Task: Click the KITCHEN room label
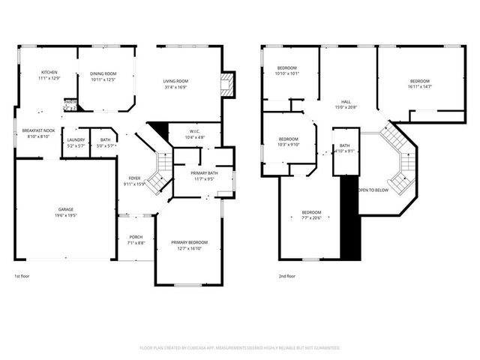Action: pos(49,73)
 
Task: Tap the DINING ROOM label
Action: pos(103,73)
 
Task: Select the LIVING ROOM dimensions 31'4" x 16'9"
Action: pos(175,86)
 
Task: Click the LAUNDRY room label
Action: pos(76,139)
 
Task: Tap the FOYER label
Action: pos(134,178)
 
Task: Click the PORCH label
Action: pos(136,237)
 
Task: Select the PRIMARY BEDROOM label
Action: pos(189,242)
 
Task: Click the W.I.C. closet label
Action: pos(193,132)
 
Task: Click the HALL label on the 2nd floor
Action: pos(346,102)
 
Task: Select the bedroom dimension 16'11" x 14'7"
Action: pos(419,87)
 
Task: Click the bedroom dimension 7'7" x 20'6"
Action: pos(311,217)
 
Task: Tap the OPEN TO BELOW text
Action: pos(373,190)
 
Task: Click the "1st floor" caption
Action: pos(23,276)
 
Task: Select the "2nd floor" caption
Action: pos(286,276)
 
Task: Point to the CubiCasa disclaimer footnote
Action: pos(240,348)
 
